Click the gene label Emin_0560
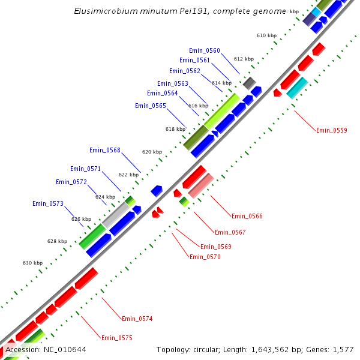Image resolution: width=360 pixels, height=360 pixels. click(205, 50)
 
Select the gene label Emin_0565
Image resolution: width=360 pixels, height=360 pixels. click(151, 106)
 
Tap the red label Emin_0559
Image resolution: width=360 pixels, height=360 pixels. click(332, 130)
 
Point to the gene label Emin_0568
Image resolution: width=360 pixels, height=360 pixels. click(105, 150)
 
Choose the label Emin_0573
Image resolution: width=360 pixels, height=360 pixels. click(48, 204)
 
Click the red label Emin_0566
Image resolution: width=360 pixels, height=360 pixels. click(247, 216)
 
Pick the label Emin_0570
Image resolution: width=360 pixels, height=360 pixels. click(205, 257)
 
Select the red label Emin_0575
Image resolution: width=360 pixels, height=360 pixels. click(117, 338)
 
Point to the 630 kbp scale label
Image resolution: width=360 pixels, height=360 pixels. click(33, 263)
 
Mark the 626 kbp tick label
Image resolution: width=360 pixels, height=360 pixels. click(82, 219)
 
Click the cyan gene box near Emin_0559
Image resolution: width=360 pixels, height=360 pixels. click(297, 88)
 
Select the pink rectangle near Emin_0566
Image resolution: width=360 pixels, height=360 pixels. click(201, 186)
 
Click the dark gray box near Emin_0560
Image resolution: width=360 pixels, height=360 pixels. click(249, 83)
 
